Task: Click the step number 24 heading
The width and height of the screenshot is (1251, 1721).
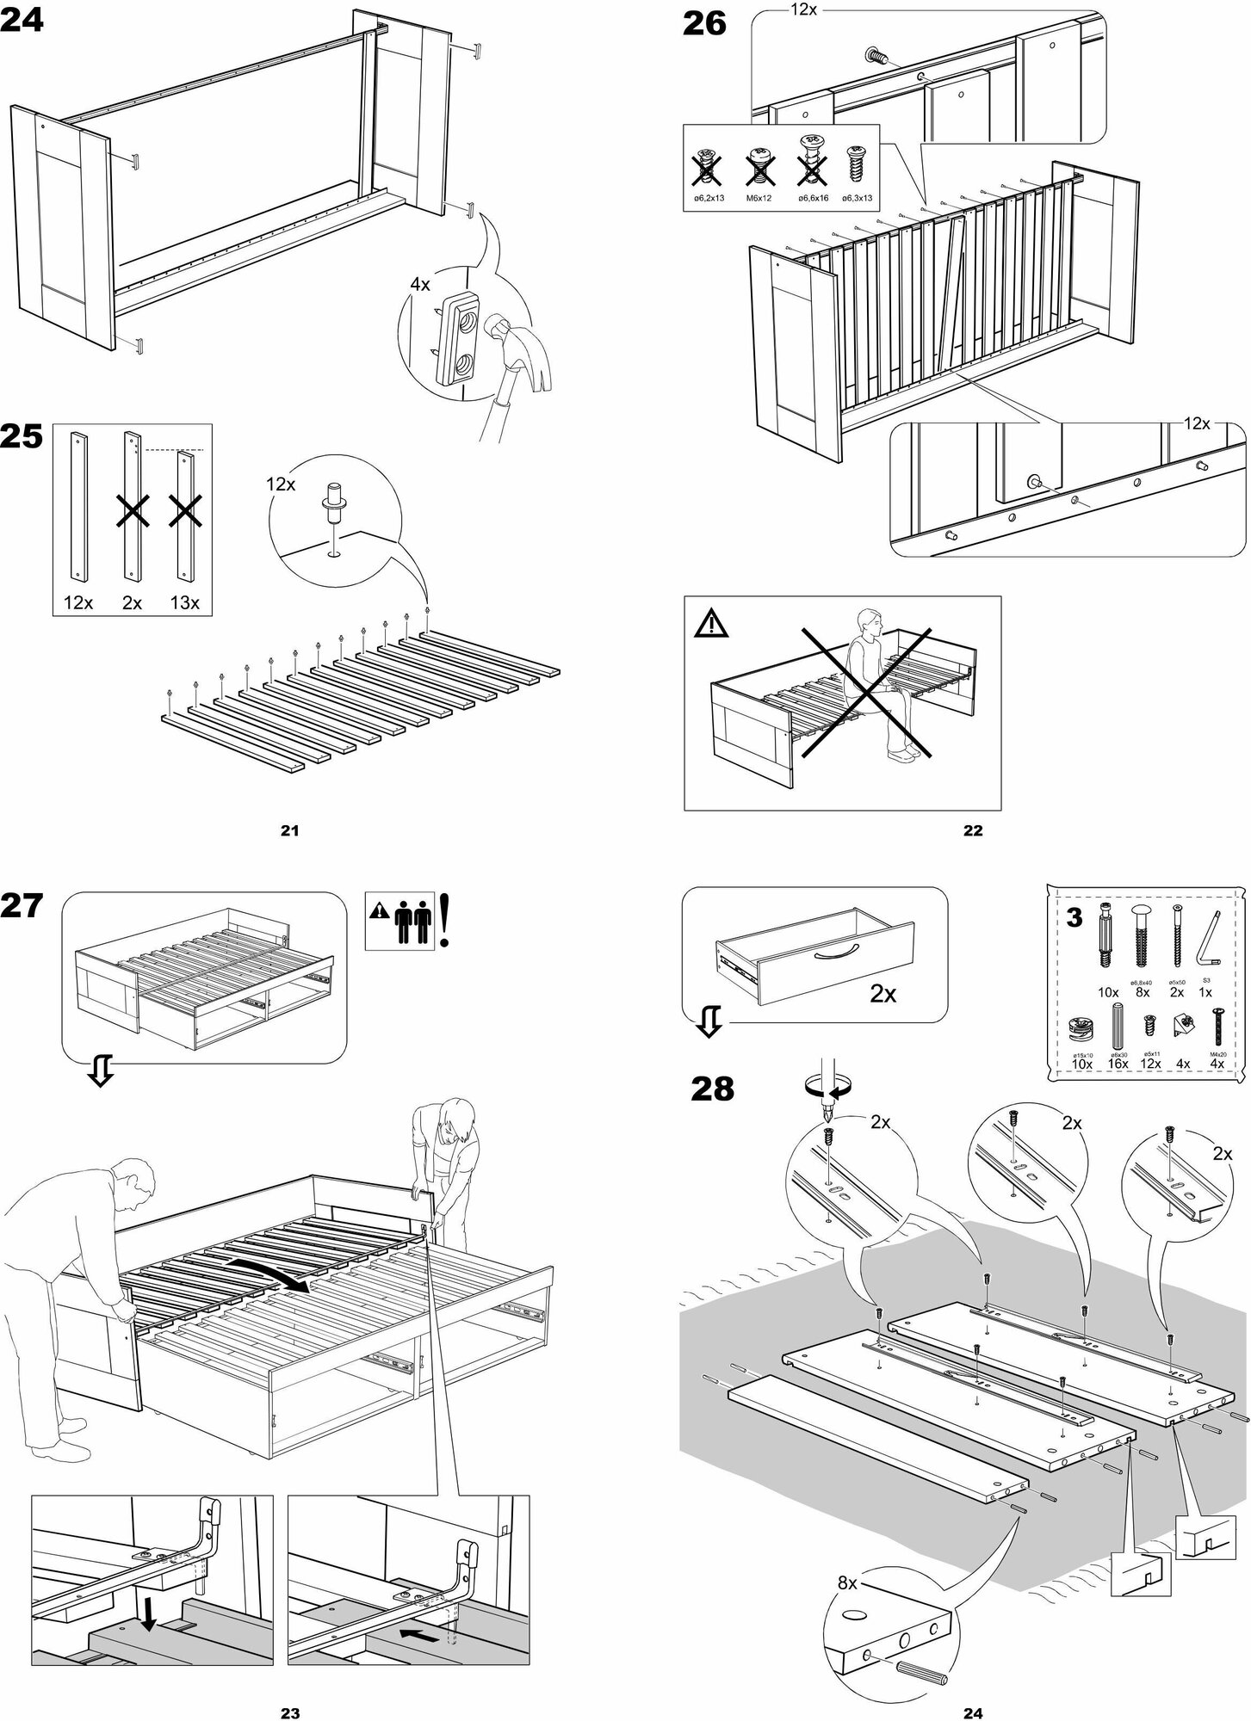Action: coord(22,22)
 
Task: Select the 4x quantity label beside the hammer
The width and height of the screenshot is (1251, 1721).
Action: coord(419,285)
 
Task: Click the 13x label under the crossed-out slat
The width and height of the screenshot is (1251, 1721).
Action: coord(184,603)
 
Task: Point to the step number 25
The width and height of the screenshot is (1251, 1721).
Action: coord(22,437)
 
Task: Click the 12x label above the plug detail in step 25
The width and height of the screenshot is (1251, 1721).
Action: coord(281,484)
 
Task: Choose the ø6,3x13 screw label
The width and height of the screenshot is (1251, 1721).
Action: coord(856,198)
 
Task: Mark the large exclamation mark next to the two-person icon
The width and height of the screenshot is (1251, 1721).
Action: coord(444,921)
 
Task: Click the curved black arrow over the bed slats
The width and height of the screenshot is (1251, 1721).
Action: coord(275,1269)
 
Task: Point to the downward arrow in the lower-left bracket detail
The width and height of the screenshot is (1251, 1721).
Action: coord(148,1615)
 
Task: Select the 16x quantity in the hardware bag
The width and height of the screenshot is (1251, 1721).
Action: coord(1118,1063)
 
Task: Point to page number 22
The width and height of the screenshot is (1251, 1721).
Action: coord(972,830)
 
